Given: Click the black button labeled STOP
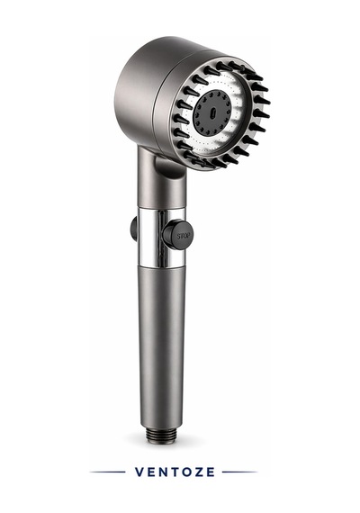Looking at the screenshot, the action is click(177, 235).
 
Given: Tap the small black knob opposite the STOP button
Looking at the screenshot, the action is click(133, 229).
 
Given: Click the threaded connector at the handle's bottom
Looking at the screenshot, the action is click(161, 435).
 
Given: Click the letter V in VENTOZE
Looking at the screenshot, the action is click(139, 472).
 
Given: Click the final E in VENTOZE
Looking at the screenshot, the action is click(211, 472).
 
